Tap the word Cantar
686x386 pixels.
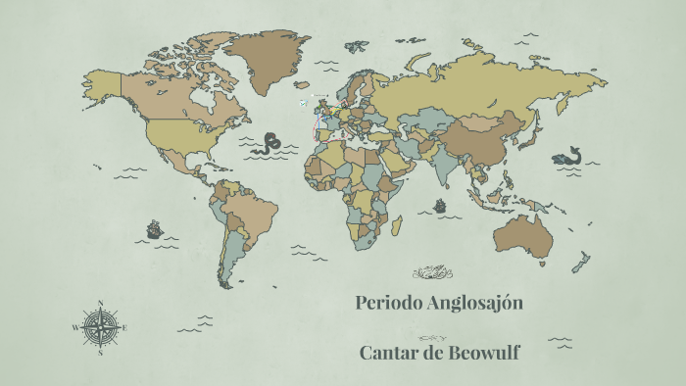point(392,353)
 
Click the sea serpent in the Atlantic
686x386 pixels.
point(266,146)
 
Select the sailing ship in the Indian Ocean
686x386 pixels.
point(440,208)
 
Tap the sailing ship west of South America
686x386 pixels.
point(154,229)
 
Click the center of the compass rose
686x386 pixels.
point(100,327)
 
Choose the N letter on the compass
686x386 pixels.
point(100,302)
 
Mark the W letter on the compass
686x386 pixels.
point(75,328)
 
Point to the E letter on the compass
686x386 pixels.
point(124,328)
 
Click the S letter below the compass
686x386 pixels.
point(100,354)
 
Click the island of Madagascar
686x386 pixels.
point(398,225)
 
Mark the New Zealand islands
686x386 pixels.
point(580,262)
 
